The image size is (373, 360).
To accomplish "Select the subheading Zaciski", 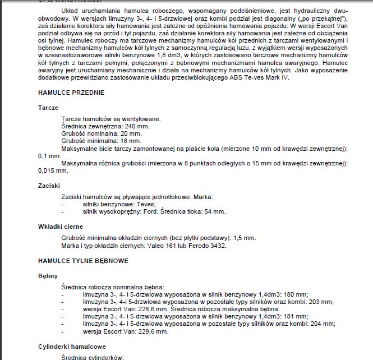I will tap(49, 184).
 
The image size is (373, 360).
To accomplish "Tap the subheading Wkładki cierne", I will tap(60, 227).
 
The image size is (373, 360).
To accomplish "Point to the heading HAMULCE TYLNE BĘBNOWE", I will tap(83, 261).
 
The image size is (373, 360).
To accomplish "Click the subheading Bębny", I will tap(48, 276).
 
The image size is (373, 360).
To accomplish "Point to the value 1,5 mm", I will tap(243, 238).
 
